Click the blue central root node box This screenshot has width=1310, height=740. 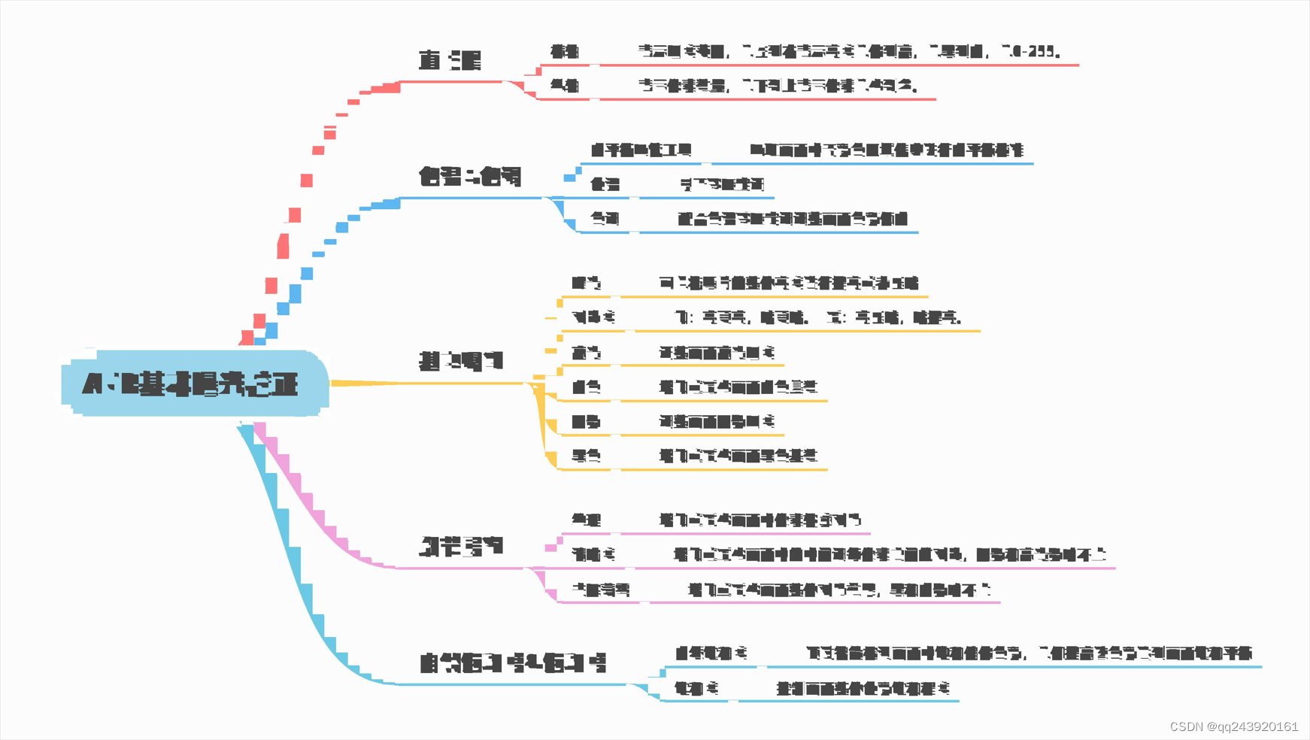[x=195, y=384]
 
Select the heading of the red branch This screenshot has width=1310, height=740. [x=450, y=60]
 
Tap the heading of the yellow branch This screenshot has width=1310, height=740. [x=460, y=361]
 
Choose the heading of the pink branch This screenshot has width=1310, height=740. [x=461, y=545]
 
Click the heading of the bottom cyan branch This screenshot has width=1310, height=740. [x=512, y=663]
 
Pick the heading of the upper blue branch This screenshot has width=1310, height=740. [x=470, y=177]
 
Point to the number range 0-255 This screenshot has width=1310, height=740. [x=1036, y=52]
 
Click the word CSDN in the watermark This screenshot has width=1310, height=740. [x=1187, y=726]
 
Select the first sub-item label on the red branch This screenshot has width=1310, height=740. [x=564, y=52]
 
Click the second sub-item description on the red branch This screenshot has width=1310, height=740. [x=778, y=86]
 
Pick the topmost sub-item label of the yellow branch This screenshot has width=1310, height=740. [x=586, y=284]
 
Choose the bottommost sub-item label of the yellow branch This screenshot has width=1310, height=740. [x=586, y=456]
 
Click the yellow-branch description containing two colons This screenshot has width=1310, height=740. [x=818, y=317]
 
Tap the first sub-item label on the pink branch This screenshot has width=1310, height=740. [x=586, y=520]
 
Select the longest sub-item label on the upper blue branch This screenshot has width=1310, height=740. [x=641, y=150]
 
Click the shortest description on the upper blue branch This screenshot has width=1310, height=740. [x=722, y=184]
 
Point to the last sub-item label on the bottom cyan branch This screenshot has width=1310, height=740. [x=696, y=688]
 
